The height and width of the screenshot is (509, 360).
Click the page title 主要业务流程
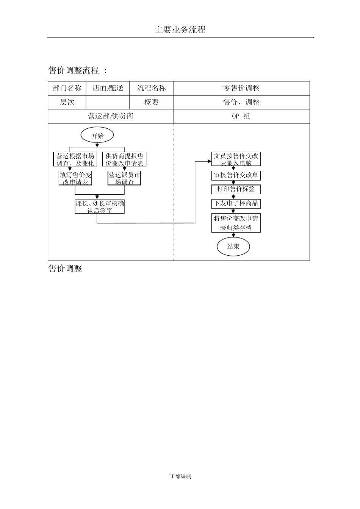180,30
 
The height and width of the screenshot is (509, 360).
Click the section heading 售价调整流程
74,70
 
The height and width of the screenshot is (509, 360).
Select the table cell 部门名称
67,88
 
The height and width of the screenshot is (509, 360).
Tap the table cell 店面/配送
108,88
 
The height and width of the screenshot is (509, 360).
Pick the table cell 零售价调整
241,88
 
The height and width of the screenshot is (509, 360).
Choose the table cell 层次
67,102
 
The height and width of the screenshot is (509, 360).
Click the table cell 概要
152,102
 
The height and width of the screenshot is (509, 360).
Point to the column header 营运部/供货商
111,116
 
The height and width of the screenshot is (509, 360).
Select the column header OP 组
241,116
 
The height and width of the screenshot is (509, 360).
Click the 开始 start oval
97,136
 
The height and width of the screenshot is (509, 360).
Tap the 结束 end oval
233,247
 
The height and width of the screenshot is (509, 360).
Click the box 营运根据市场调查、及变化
75,159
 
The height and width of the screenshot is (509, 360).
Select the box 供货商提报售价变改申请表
124,159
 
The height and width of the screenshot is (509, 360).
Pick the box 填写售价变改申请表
75,178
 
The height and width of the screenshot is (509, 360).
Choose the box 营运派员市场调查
124,178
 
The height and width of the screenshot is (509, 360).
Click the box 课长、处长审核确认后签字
100,207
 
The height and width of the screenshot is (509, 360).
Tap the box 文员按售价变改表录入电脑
236,159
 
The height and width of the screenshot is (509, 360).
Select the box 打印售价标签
236,189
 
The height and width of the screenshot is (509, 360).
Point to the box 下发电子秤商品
236,203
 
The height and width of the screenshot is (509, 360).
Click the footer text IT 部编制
180,476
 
